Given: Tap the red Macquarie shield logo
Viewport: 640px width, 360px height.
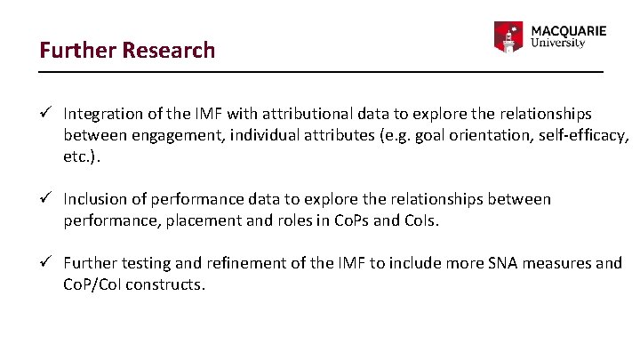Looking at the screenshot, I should (508, 36).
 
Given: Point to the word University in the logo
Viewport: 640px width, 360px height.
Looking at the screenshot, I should (557, 43).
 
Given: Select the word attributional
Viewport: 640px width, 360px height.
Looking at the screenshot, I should (307, 114).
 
